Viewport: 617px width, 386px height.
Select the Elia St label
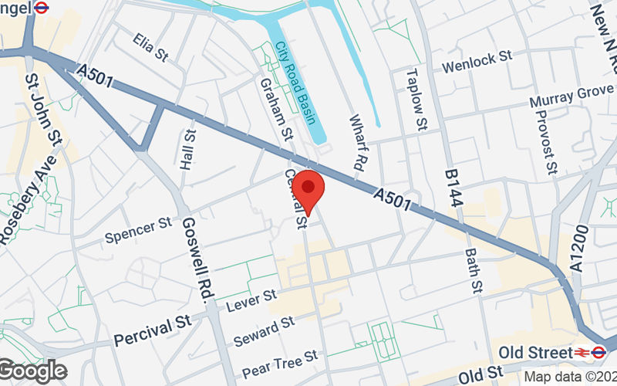[x=150, y=46]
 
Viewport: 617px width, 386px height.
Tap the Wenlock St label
[x=477, y=62]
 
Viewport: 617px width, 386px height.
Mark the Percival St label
[x=151, y=333]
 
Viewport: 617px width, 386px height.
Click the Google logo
[x=32, y=371]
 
